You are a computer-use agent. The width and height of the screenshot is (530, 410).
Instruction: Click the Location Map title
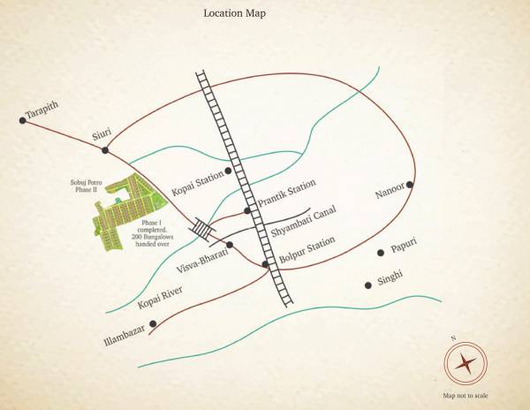234,13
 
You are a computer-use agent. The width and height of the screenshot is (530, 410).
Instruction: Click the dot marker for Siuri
105,150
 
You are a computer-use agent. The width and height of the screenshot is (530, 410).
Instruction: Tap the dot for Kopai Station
229,170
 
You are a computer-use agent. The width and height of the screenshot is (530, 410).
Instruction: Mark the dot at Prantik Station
247,210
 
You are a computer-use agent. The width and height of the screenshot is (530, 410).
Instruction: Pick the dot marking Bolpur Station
265,263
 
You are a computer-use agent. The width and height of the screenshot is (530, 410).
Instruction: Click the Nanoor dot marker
411,185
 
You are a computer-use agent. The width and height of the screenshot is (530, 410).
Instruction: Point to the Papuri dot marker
381,252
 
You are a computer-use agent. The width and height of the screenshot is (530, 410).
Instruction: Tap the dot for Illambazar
153,323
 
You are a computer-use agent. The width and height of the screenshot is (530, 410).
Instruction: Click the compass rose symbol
464,362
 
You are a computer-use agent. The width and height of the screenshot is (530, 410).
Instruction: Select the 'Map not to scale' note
465,395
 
